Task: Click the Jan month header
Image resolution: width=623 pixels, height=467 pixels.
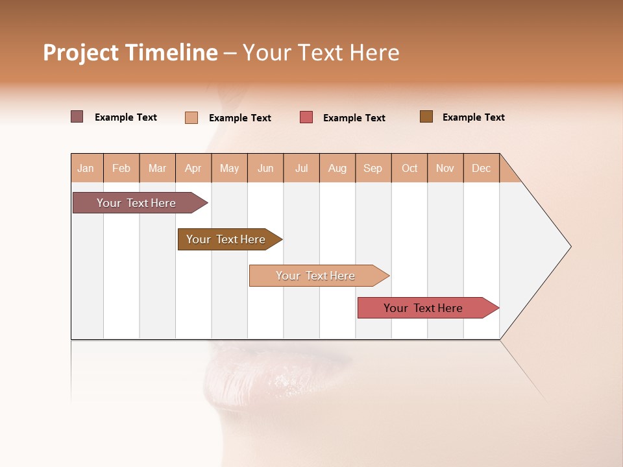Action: click(x=86, y=168)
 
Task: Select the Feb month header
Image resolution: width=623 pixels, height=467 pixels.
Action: click(x=121, y=168)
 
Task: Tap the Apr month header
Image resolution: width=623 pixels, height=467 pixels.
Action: click(x=193, y=168)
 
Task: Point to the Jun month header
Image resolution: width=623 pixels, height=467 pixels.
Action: click(x=265, y=168)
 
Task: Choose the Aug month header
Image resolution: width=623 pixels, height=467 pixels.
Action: click(x=337, y=168)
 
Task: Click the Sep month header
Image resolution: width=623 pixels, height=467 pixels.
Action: click(x=373, y=168)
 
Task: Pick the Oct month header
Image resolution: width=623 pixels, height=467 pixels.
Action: click(x=409, y=168)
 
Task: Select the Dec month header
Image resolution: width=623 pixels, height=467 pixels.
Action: click(x=482, y=168)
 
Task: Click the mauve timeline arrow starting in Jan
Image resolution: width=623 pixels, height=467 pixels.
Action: click(x=137, y=203)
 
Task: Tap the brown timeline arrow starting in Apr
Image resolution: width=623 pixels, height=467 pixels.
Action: click(x=226, y=239)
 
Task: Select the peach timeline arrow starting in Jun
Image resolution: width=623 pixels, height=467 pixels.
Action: click(x=316, y=276)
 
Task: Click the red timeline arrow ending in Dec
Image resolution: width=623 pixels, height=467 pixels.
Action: click(x=424, y=308)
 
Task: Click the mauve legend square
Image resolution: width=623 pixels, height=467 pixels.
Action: click(x=77, y=117)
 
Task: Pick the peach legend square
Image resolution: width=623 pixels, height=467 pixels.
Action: click(x=191, y=117)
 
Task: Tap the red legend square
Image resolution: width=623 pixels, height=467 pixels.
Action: click(x=306, y=117)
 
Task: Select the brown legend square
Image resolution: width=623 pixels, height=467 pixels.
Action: click(x=426, y=117)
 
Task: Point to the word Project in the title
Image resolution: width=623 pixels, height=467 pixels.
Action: click(x=81, y=53)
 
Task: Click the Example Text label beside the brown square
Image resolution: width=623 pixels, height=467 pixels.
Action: click(x=473, y=117)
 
